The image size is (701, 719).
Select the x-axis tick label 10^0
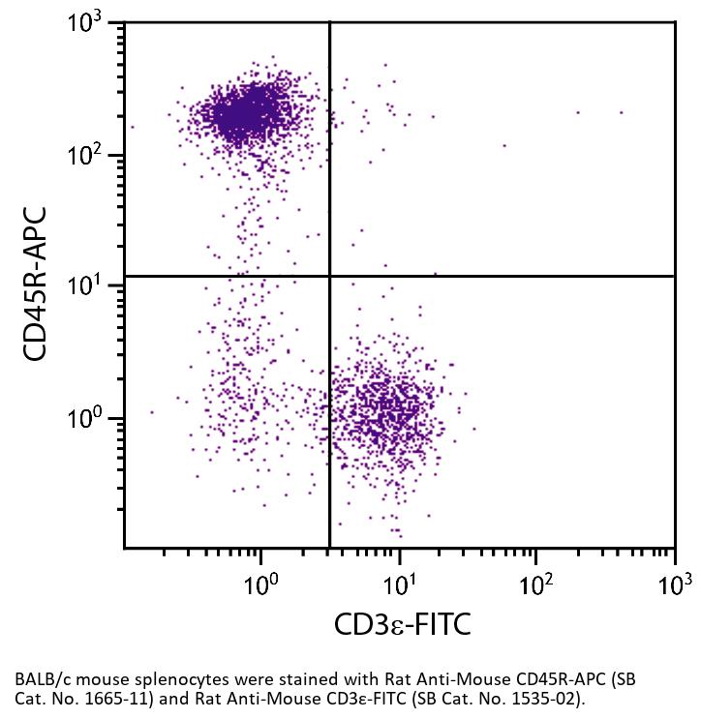click(x=261, y=584)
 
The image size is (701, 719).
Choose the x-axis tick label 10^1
click(x=399, y=584)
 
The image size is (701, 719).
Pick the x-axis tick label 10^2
click(x=536, y=584)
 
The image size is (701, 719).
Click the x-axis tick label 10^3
click(x=674, y=584)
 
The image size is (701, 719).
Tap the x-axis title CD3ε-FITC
click(x=402, y=624)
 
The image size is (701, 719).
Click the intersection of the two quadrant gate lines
click(x=330, y=276)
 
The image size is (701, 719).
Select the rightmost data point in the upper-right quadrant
click(x=621, y=112)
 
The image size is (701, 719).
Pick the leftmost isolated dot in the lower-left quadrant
click(x=151, y=412)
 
